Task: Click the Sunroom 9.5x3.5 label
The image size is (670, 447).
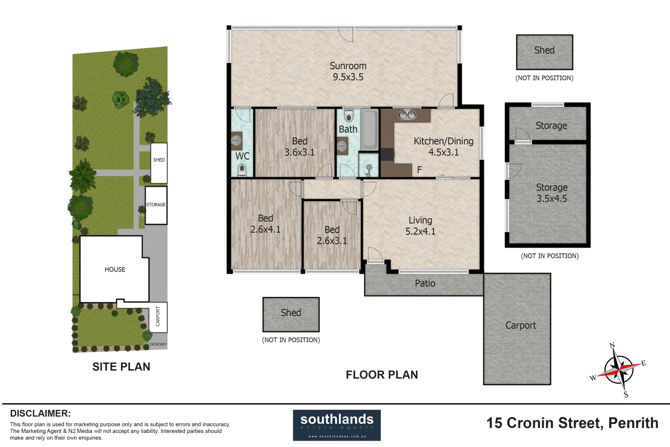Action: pyautogui.click(x=348, y=71)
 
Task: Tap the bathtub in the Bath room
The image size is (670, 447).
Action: pyautogui.click(x=369, y=130)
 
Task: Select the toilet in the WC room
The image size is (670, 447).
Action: pyautogui.click(x=242, y=169)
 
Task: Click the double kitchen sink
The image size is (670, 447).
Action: pyautogui.click(x=407, y=115)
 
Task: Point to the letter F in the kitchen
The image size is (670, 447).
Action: pyautogui.click(x=419, y=170)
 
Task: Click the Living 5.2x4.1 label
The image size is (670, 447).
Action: pyautogui.click(x=420, y=226)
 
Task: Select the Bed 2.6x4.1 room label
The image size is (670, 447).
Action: pyautogui.click(x=265, y=223)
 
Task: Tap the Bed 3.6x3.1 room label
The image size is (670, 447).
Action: pyautogui.click(x=299, y=147)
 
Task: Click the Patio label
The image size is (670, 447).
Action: pyautogui.click(x=425, y=283)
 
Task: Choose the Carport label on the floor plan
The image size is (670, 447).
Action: pyautogui.click(x=520, y=325)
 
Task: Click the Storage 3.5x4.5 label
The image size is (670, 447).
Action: pyautogui.click(x=551, y=193)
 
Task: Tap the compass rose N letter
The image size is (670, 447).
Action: pyautogui.click(x=612, y=346)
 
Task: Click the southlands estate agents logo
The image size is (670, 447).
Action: pyautogui.click(x=337, y=425)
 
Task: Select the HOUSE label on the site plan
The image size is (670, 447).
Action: pyautogui.click(x=115, y=269)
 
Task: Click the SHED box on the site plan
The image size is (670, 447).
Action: pyautogui.click(x=159, y=163)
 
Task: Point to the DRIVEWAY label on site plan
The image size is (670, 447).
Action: pyautogui.click(x=158, y=344)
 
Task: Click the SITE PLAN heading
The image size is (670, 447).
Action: pyautogui.click(x=121, y=367)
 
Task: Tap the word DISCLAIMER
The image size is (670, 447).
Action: pyautogui.click(x=40, y=413)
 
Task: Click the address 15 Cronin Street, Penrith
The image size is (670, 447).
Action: pyautogui.click(x=572, y=423)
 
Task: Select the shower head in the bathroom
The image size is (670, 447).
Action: pyautogui.click(x=369, y=168)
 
